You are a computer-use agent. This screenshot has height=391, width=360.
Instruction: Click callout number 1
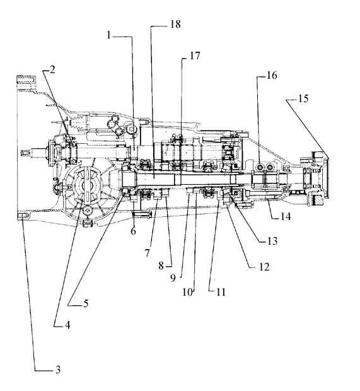pos(108,35)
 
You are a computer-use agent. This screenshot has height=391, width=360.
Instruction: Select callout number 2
pos(52,69)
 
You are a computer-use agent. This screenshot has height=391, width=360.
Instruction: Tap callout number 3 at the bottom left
pos(58,370)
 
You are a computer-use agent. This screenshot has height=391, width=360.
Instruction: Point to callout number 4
pos(67,325)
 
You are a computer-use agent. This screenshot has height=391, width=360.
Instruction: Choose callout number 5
pos(86,303)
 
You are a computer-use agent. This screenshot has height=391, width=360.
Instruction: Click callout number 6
pos(134,231)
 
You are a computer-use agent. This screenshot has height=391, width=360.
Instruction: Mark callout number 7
pos(148,253)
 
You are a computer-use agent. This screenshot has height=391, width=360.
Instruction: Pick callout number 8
pos(161,266)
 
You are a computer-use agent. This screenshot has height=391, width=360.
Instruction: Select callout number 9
pos(173,278)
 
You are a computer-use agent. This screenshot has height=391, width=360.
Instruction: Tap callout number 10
pos(187,292)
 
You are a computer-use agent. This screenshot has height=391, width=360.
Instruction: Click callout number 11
pos(221,292)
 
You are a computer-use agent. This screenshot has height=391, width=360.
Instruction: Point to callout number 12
pos(264,267)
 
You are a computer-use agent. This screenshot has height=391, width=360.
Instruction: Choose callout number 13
pos(272,241)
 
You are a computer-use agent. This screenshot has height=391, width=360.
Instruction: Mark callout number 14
pos(286,216)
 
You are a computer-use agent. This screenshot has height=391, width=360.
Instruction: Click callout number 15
pos(303,98)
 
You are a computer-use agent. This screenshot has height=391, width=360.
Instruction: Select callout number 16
pos(272,75)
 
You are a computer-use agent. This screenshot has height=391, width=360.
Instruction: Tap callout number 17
pos(195,56)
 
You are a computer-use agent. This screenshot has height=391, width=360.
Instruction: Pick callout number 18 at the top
pos(175,24)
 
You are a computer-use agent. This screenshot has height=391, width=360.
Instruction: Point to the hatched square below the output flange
pos(319,201)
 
